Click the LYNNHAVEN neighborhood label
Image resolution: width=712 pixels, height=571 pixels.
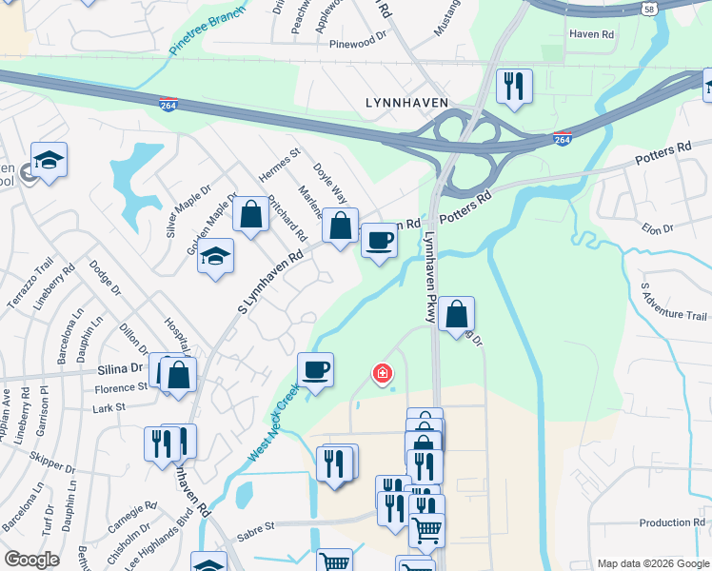pos(407,102)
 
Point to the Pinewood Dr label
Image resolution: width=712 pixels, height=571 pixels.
pos(358,44)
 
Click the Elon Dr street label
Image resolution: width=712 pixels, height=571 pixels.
pos(657,228)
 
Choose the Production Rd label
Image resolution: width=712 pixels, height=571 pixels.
pos(671,522)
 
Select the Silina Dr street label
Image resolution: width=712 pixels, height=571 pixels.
pos(120,367)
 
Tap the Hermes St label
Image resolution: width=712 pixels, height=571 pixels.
pos(280,166)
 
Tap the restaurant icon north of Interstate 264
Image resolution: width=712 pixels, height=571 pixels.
pos(514,86)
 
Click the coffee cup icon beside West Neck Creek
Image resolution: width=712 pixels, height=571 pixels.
pos(315,369)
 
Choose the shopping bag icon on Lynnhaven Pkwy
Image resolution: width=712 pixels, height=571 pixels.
pos(456,313)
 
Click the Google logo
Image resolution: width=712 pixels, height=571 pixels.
pos(31,560)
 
